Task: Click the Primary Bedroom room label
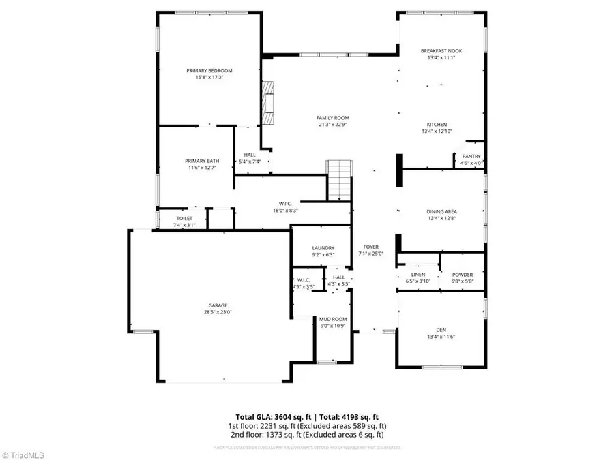click(209, 71)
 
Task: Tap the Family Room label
click(333, 118)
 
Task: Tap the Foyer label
click(370, 247)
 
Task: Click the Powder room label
click(462, 275)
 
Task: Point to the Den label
click(441, 330)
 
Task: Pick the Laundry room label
click(323, 248)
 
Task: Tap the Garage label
click(218, 305)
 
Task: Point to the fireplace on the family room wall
click(269, 104)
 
